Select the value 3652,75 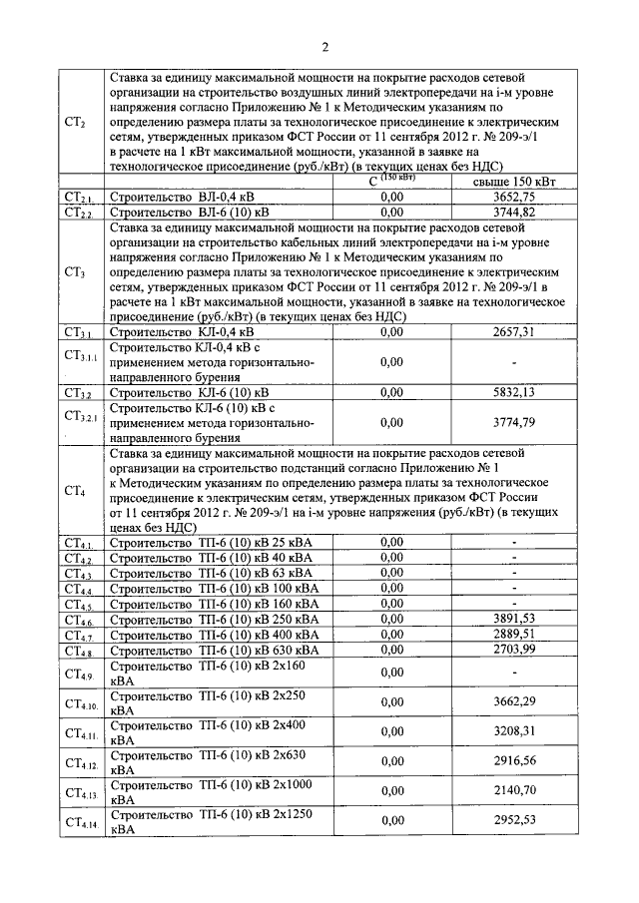514,198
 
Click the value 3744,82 514,213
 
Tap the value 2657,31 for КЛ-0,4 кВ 514,331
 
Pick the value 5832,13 514,392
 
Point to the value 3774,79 514,422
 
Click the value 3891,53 514,620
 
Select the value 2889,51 514,635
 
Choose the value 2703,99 514,650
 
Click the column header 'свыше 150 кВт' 513,182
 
